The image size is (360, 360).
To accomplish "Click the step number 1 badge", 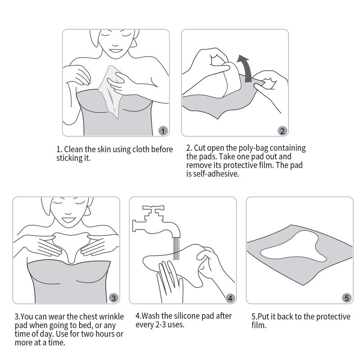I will pos(164,131).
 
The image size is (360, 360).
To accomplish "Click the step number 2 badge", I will pos(282,131).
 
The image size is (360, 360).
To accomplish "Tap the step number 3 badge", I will pos(114,297).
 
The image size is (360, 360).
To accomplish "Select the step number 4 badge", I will pos(230,297).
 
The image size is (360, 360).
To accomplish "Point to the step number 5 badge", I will pos(346,297).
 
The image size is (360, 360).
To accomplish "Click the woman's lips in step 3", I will pos(68,220).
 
